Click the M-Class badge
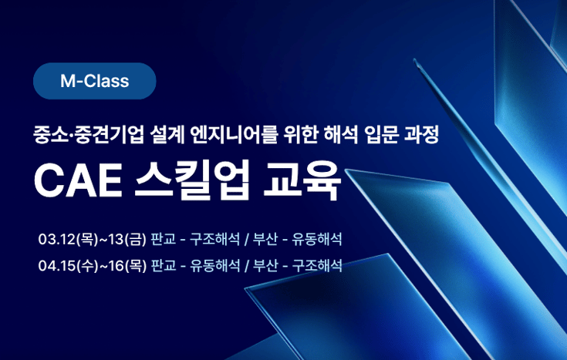(95, 80)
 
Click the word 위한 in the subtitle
(298, 137)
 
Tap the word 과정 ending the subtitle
(422, 137)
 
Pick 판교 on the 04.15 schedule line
(163, 266)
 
